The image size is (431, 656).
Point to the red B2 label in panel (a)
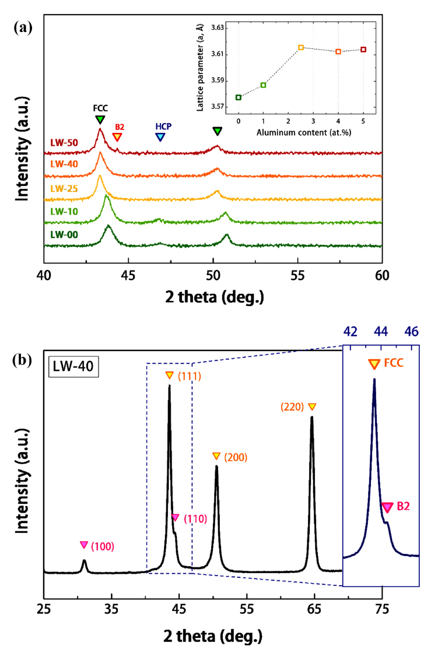(x=120, y=127)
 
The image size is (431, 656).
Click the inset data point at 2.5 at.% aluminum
(x=301, y=47)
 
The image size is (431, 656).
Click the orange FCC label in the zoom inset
(x=394, y=363)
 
